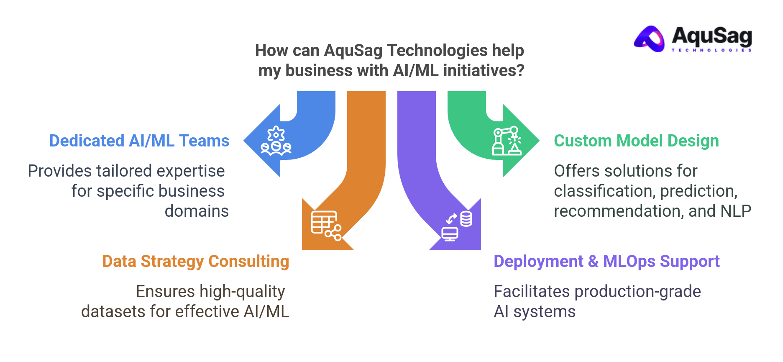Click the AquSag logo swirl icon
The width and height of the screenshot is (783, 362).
click(650, 39)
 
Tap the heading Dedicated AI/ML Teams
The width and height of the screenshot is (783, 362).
click(139, 141)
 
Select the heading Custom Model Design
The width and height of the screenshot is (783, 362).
click(636, 141)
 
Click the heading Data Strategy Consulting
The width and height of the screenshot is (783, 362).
click(195, 262)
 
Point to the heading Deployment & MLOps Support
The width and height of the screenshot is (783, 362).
click(606, 262)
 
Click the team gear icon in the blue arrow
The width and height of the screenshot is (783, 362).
click(276, 141)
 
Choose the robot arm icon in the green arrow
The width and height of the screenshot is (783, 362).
click(507, 141)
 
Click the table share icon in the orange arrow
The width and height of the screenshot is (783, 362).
click(326, 226)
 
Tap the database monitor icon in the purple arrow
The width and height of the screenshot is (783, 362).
click(457, 226)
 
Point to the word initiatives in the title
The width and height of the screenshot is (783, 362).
click(484, 71)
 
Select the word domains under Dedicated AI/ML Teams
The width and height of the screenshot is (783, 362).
click(197, 211)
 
